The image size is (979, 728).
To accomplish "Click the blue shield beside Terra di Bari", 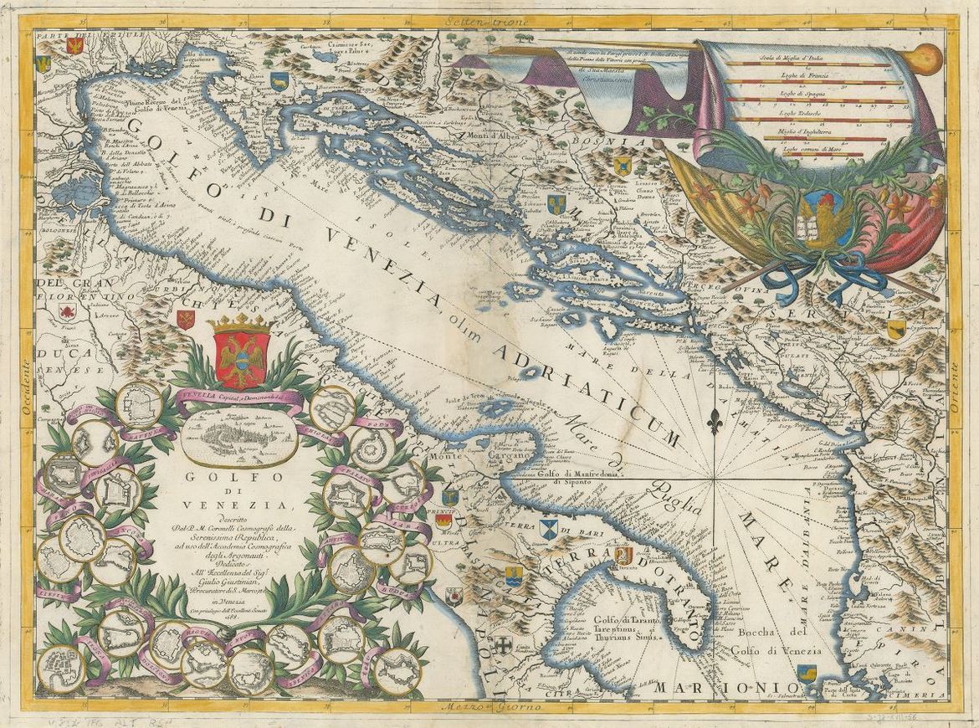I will click(549, 530).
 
